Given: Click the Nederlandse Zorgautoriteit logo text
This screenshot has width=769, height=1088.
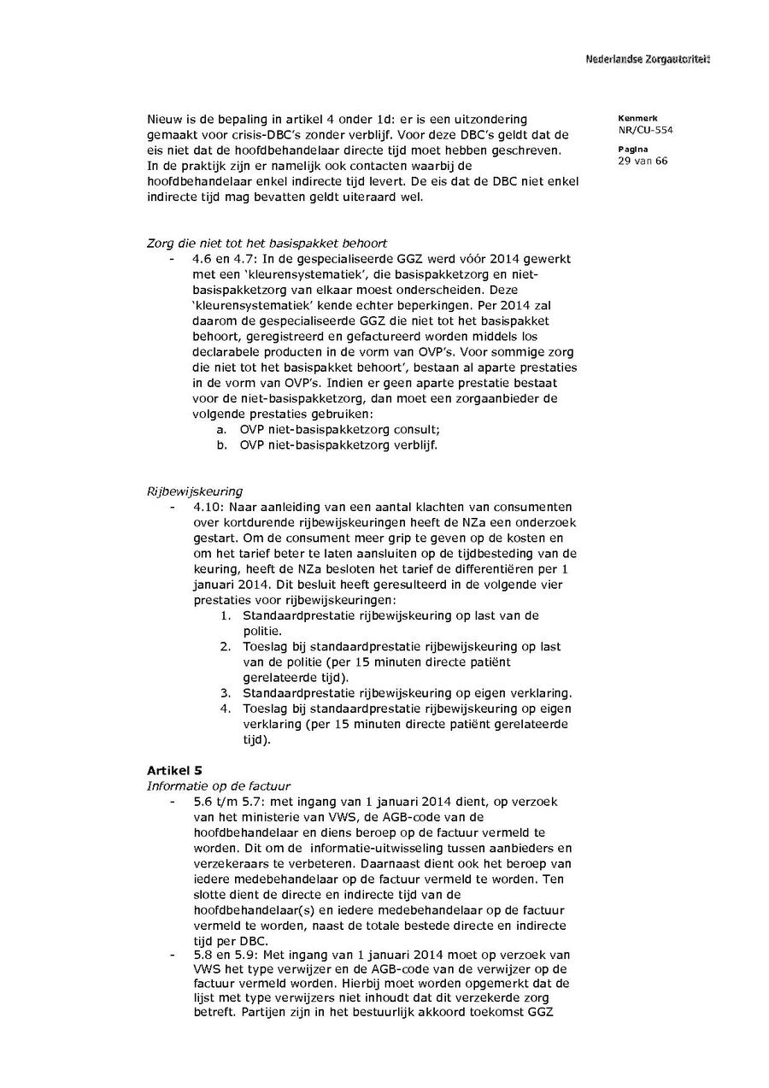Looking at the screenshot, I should (x=648, y=59).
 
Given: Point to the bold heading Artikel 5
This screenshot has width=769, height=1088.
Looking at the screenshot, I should (x=174, y=771).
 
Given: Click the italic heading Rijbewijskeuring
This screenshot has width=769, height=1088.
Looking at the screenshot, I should (x=195, y=491).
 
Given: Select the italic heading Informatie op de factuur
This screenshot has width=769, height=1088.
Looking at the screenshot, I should (x=219, y=786).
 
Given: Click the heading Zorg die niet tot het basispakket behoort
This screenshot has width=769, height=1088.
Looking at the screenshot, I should (x=267, y=244).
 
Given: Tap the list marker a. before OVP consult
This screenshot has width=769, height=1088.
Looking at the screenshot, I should (x=221, y=430).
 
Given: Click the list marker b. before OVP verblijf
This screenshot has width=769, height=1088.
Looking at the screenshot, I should (x=221, y=445).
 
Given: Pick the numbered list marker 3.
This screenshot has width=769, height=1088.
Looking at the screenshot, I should (x=226, y=693).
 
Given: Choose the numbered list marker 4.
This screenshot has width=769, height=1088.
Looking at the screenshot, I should (x=226, y=709).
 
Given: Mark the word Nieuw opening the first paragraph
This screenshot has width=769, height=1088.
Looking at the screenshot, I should (x=166, y=119).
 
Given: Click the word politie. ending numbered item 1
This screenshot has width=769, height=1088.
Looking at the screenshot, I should (x=263, y=631).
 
